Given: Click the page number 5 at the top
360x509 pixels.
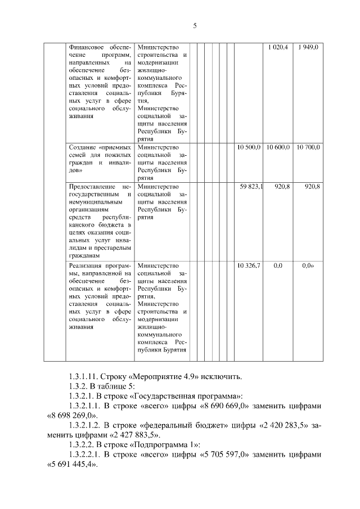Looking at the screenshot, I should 195,26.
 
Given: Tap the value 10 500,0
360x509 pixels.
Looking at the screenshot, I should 249,147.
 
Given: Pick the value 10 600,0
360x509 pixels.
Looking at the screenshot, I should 278,147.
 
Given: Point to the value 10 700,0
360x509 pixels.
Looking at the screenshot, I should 308,147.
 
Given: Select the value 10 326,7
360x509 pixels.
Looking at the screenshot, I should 249,265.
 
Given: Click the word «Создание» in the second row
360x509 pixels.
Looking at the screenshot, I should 82,147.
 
